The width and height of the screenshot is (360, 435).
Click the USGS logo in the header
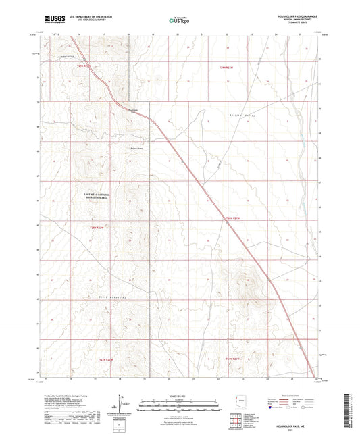51,20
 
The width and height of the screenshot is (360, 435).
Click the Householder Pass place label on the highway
133,110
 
